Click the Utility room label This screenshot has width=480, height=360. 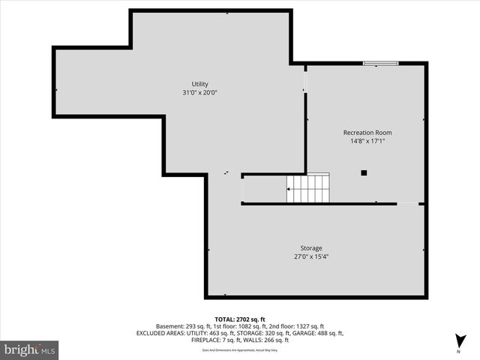(199, 84)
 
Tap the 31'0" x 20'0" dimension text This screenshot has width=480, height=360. (199, 93)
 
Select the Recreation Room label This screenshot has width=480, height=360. (367, 133)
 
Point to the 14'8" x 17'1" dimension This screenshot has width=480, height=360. (367, 141)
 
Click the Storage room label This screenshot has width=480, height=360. (311, 248)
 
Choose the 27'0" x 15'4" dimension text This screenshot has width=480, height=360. (311, 256)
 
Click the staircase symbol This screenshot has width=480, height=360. (307, 189)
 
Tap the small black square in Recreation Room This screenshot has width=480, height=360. (364, 172)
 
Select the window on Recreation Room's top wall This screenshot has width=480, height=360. (380, 64)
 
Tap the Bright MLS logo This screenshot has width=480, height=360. (30, 349)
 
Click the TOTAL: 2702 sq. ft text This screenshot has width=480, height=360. (240, 319)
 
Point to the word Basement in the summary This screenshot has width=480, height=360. (170, 326)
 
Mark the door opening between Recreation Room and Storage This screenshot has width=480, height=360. (407, 203)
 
